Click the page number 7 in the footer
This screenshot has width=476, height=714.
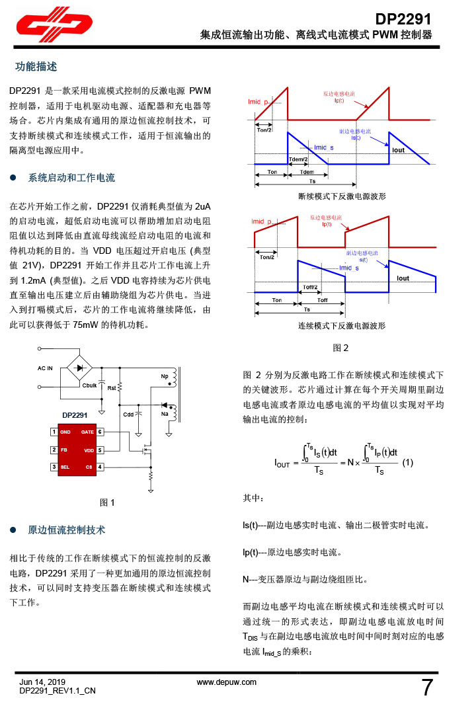click(428, 688)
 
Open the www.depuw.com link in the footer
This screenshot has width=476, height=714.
click(227, 682)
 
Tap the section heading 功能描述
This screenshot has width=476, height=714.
click(36, 67)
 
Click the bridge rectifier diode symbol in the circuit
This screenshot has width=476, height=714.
click(82, 367)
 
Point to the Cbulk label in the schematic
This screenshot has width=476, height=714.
click(90, 385)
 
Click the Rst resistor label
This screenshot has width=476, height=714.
click(112, 389)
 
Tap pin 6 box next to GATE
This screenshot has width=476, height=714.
click(99, 432)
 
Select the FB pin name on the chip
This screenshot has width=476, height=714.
click(64, 450)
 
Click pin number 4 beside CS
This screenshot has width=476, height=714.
click(99, 467)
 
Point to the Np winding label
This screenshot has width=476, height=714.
click(164, 376)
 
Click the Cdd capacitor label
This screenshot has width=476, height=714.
click(128, 415)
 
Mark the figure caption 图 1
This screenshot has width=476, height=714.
click(107, 502)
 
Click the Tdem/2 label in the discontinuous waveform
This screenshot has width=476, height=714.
click(299, 159)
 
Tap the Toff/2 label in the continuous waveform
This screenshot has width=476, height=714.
click(310, 287)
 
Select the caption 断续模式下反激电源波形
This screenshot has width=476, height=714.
click(342, 197)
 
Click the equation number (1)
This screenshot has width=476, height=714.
click(408, 463)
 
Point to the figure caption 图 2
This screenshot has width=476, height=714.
click(340, 348)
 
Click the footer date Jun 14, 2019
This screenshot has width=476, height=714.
click(43, 682)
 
